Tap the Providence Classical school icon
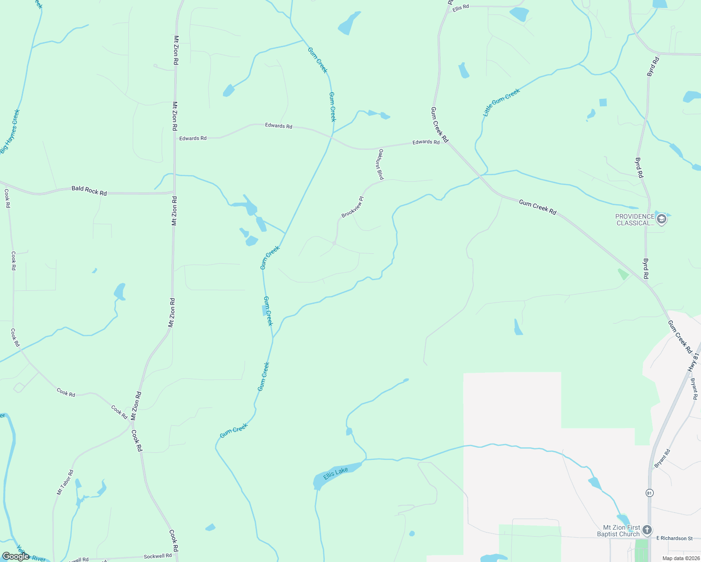[x=662, y=219]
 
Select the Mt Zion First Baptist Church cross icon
[x=647, y=530]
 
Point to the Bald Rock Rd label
[x=89, y=191]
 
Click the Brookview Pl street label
[x=352, y=207]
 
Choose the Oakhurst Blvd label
[x=381, y=164]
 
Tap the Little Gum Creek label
[x=501, y=103]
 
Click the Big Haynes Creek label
[x=10, y=131]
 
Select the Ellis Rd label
[x=460, y=8]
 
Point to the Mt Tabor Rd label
[x=65, y=482]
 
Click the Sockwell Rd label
[x=157, y=556]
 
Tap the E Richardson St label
[x=674, y=538]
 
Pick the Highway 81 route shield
[x=649, y=493]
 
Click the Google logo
[x=15, y=556]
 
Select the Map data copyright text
[x=680, y=558]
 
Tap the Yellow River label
[x=31, y=554]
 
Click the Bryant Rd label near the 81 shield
[x=663, y=458]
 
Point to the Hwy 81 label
[x=693, y=362]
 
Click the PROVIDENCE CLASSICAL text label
[x=635, y=220]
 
